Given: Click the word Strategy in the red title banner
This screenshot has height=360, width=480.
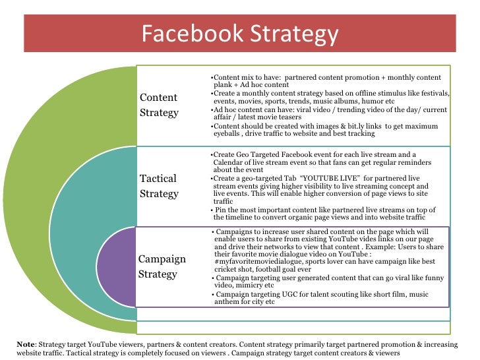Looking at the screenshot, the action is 294,34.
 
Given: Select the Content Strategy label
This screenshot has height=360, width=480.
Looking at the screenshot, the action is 159,105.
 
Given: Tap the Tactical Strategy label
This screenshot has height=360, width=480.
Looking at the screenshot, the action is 159,186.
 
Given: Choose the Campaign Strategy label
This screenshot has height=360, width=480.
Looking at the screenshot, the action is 162,266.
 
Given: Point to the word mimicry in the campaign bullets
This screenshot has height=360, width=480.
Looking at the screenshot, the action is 259,285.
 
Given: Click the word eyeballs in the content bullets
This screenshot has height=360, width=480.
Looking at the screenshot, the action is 225,133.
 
